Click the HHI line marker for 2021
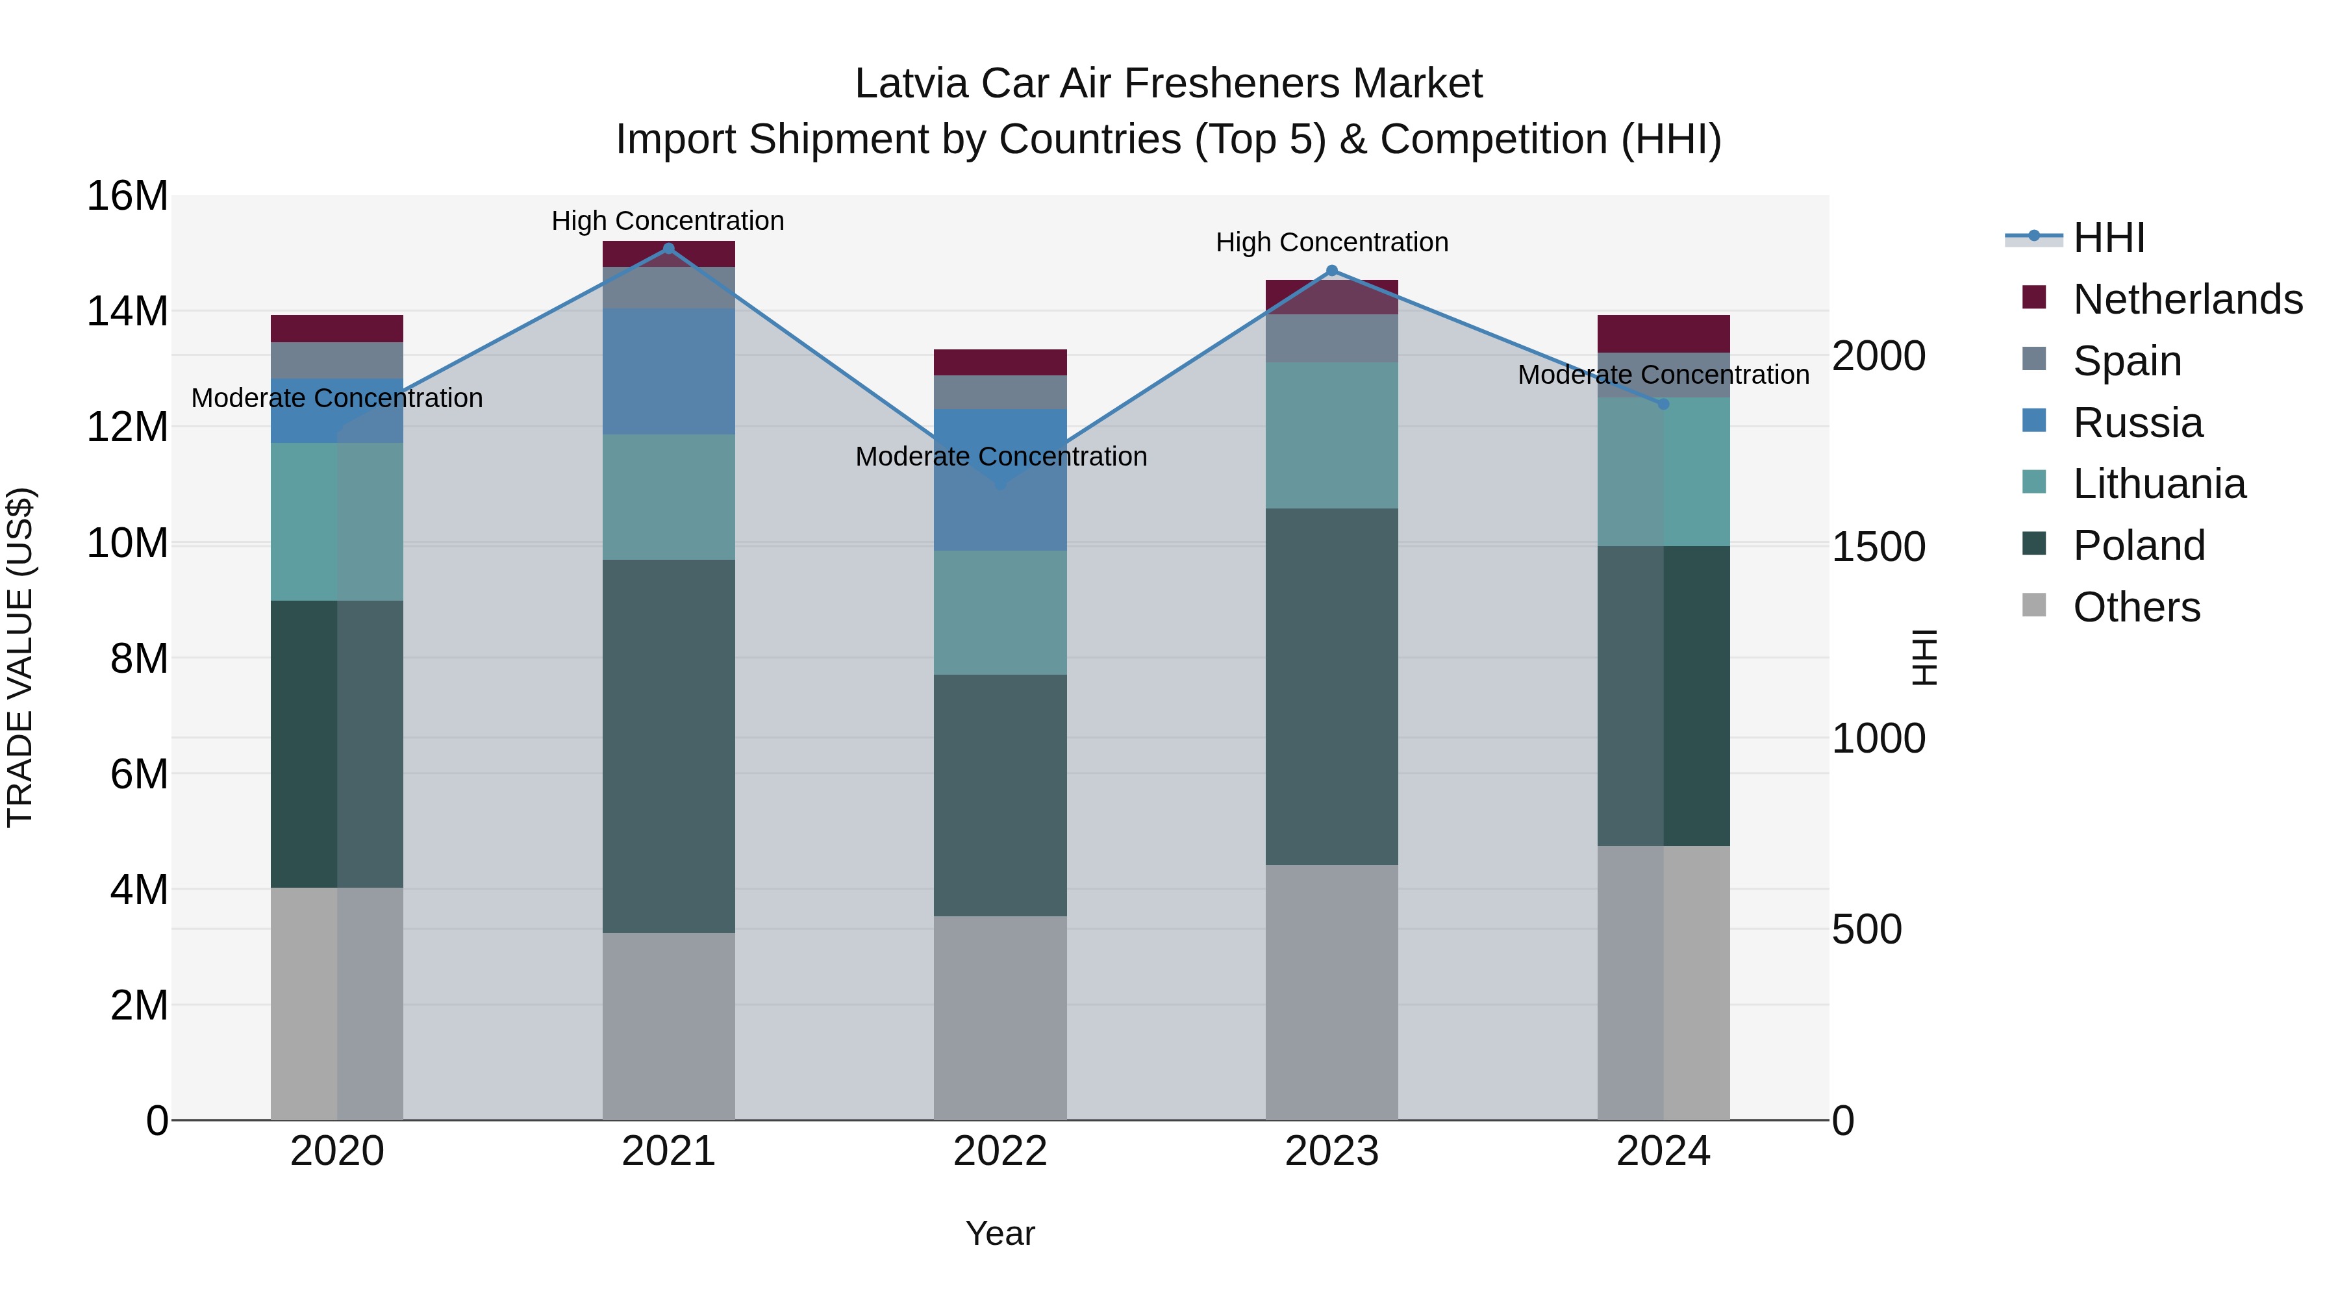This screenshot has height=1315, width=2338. [668, 249]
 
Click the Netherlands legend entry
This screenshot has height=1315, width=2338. [2187, 299]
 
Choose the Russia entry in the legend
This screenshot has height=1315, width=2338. [2137, 423]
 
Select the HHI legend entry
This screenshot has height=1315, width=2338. [2109, 238]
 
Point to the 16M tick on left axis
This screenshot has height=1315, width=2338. [127, 196]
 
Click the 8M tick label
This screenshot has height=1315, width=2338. [139, 659]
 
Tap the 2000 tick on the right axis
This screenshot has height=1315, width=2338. [1878, 356]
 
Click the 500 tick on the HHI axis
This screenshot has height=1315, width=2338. [1866, 929]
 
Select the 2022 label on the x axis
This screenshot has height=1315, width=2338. [1000, 1151]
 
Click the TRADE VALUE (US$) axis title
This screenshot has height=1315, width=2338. [20, 657]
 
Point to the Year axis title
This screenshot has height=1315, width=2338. [1000, 1233]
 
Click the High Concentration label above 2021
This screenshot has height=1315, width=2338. [668, 221]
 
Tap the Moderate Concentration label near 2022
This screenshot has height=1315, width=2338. [1001, 457]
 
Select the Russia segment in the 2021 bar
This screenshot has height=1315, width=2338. [668, 371]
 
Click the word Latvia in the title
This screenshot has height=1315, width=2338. [911, 84]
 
